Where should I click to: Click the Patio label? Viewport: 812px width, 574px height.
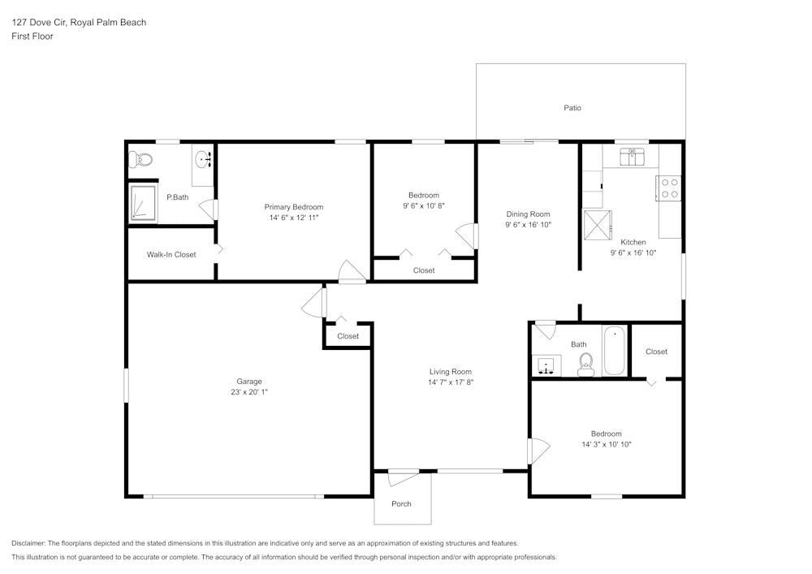pos(572,108)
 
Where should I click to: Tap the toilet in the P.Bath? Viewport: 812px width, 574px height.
pos(140,159)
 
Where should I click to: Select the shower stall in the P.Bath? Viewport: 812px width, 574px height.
pos(143,203)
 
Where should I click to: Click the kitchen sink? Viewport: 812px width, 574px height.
pos(632,157)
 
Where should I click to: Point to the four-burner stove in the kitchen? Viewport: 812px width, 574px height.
pos(668,188)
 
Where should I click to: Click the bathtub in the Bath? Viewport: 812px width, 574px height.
pos(615,351)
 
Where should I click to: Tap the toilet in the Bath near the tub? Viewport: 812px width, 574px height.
pos(586,365)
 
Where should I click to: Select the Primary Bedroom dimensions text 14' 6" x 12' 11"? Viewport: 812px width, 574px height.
pos(294,218)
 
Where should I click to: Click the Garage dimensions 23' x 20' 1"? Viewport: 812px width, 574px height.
pos(249,392)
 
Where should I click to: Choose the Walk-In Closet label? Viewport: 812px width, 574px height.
pos(171,255)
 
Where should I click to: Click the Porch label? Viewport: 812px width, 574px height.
pos(401,503)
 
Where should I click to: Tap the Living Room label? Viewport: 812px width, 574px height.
pos(451,372)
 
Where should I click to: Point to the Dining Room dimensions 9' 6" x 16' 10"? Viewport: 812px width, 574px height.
pos(529,225)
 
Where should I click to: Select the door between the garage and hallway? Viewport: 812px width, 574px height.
pos(314,302)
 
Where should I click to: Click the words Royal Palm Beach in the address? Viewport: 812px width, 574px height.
pos(108,22)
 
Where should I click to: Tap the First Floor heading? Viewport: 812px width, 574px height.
pos(32,37)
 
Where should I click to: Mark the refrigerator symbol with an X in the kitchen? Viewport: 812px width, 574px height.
pos(598,225)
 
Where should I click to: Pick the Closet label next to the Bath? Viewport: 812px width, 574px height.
pos(656,352)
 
